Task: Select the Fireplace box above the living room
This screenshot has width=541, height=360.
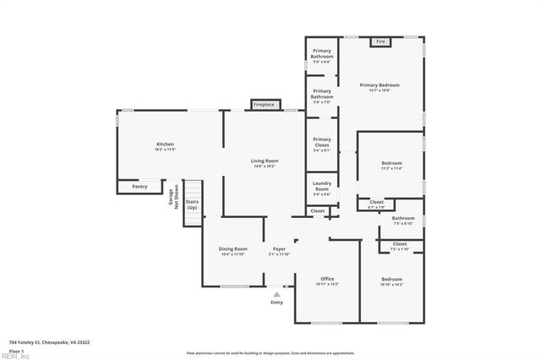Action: pyautogui.click(x=264, y=105)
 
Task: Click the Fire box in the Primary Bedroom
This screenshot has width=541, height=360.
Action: pyautogui.click(x=380, y=41)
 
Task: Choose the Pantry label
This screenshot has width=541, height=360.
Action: pyautogui.click(x=139, y=186)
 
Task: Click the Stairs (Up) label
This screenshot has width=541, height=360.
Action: pyautogui.click(x=193, y=205)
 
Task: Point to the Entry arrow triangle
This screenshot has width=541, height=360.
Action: pyautogui.click(x=276, y=293)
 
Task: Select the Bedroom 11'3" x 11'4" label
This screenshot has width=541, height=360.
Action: pyautogui.click(x=391, y=166)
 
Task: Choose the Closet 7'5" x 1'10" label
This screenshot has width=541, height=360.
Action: pyautogui.click(x=399, y=247)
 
